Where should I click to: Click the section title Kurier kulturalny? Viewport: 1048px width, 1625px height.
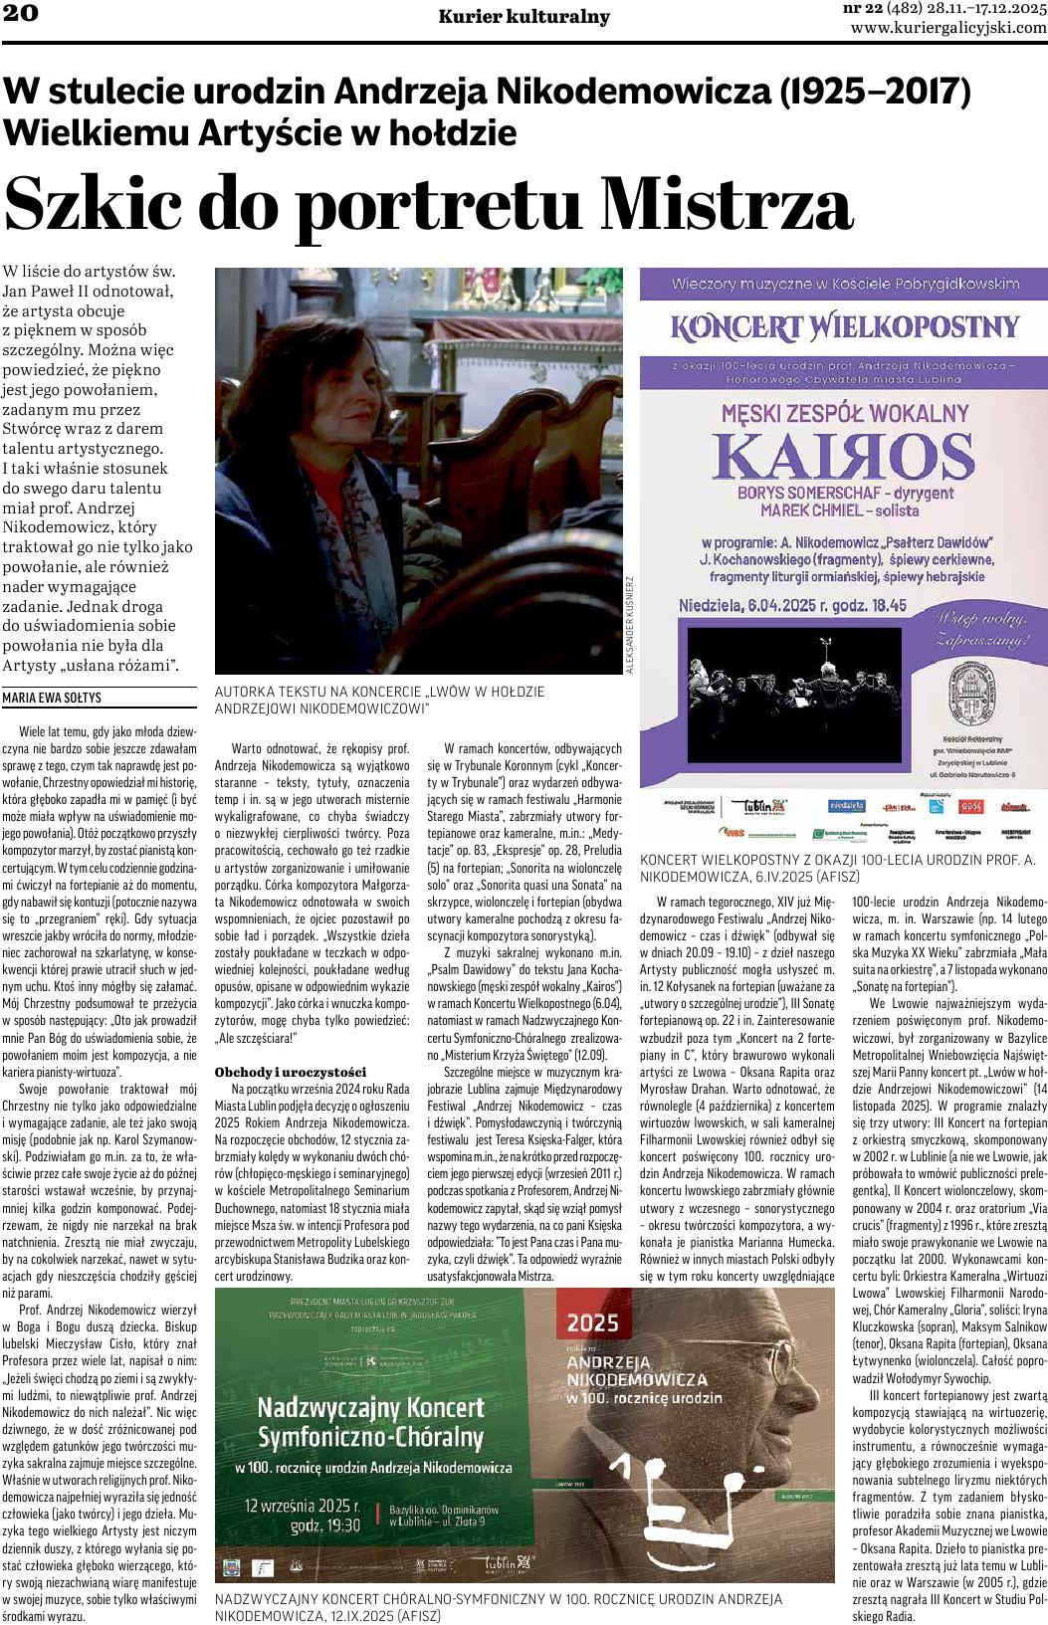[524, 17]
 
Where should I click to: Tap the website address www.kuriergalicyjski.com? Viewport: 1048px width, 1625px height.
[948, 28]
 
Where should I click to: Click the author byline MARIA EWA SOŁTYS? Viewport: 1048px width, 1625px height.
[52, 698]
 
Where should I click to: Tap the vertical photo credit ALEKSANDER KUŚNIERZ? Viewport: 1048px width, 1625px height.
[629, 624]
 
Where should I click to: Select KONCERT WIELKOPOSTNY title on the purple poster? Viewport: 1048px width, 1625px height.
[846, 325]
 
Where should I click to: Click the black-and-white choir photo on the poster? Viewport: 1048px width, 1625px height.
[786, 680]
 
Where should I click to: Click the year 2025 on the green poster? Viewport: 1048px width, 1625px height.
[593, 1322]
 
